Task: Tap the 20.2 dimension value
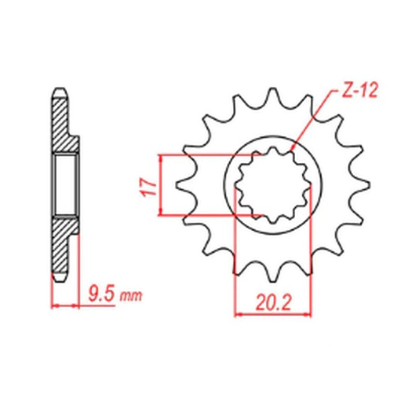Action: (273, 301)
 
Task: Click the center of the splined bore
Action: (272, 186)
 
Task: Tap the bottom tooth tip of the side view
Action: (59, 279)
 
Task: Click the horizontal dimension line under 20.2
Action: (273, 314)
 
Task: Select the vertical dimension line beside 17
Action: (161, 185)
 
